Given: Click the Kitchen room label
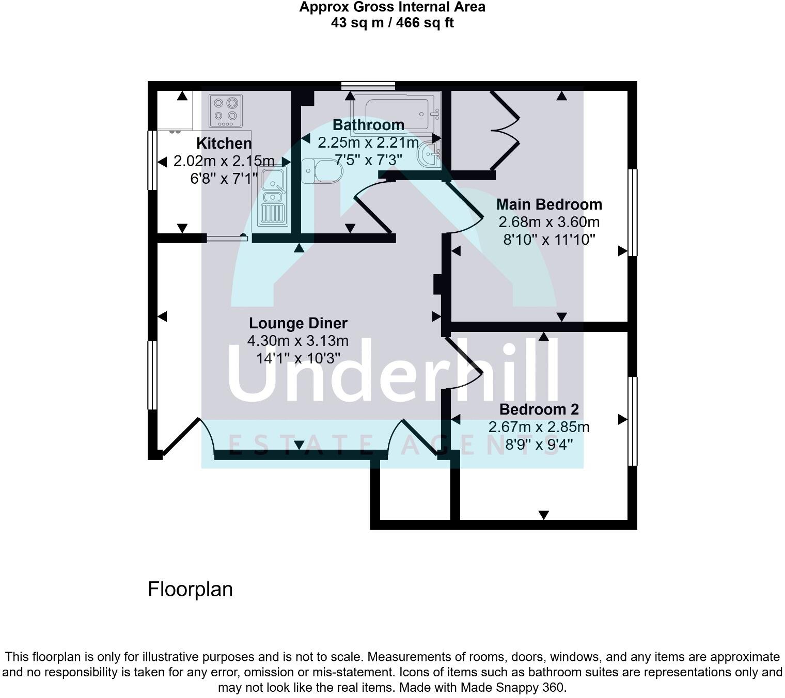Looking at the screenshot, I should [x=224, y=143].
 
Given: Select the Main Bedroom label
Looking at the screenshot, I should [x=549, y=204].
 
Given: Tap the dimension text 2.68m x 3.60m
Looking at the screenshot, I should [x=549, y=222].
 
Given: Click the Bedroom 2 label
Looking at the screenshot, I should [x=539, y=409].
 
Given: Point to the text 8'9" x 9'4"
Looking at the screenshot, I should [x=539, y=445].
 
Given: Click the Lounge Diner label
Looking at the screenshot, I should [x=298, y=323].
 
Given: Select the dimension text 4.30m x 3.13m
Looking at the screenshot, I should [x=298, y=341].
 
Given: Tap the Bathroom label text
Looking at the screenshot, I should [x=368, y=125].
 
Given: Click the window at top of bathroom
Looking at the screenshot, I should [x=368, y=86].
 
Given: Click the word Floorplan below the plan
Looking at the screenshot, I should [x=190, y=589].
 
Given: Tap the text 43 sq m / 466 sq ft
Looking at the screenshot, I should [x=392, y=23].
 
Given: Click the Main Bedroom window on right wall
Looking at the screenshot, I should [x=633, y=212].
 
